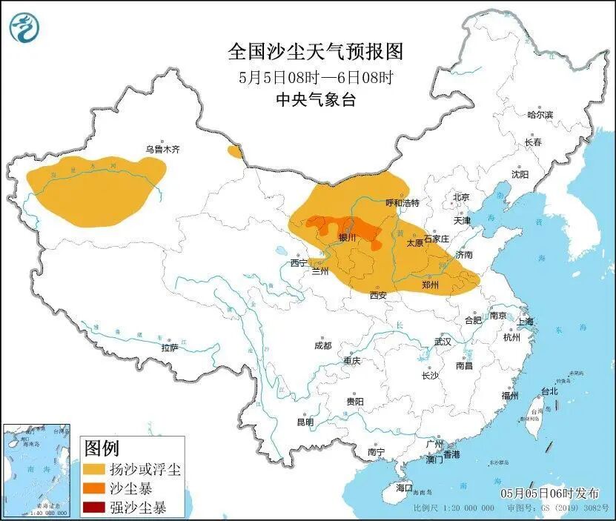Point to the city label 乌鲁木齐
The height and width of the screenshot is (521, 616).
coord(162,149)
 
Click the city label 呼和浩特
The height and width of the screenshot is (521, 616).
coord(403,202)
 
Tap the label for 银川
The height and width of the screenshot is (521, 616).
coord(347,238)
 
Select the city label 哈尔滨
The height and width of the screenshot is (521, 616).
coord(540,115)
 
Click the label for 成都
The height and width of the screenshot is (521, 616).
coord(322,345)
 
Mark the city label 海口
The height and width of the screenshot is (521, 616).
coord(403,488)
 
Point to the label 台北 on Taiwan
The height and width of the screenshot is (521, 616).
coord(549,391)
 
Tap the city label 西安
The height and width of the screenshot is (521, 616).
coord(378,295)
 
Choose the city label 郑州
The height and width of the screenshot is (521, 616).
coord(430,285)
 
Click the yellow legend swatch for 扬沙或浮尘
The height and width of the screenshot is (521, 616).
coord(94,469)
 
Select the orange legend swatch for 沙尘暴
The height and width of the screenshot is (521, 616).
coord(94,488)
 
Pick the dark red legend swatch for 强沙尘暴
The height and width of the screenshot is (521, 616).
coord(94,508)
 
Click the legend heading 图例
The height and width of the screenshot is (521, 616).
coord(101,448)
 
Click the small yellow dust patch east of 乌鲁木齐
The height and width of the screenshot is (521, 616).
coord(235,152)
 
